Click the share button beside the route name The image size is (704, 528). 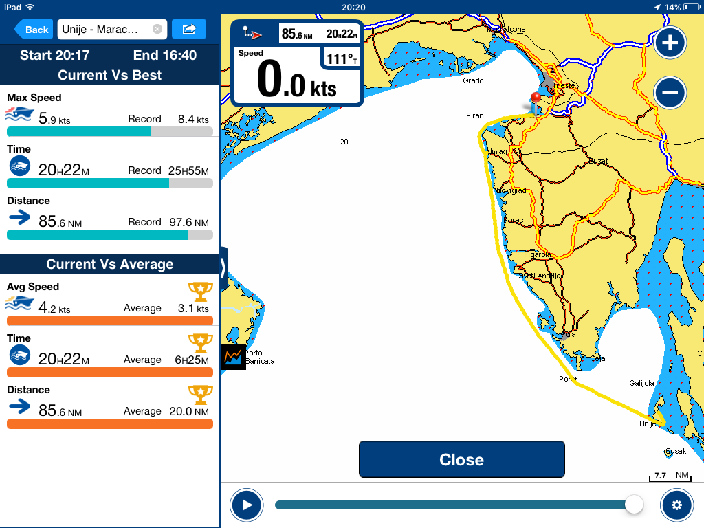(189, 30)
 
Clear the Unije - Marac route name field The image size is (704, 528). (157, 30)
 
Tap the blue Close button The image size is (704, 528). (461, 460)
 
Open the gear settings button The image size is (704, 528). (676, 505)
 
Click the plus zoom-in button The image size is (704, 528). (670, 43)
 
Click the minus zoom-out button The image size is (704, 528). (670, 92)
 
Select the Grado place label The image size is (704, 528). (473, 81)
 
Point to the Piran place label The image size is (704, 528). (474, 116)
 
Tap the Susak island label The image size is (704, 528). (673, 452)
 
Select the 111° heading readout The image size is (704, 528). (342, 59)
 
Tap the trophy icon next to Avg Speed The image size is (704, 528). (200, 291)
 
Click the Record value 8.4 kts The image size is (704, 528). (192, 119)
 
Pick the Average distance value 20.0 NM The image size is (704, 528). (189, 411)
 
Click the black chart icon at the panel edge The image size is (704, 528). (233, 356)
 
